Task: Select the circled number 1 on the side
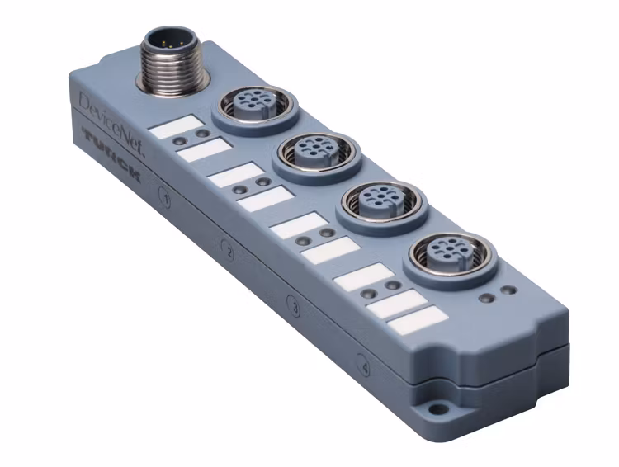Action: (165, 198)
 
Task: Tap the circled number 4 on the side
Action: (364, 361)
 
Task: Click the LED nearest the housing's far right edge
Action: (510, 290)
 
